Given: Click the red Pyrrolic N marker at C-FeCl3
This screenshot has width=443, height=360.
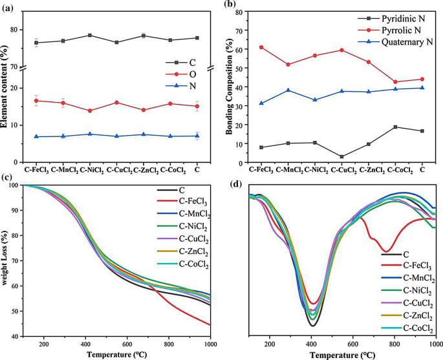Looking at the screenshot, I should (261, 47).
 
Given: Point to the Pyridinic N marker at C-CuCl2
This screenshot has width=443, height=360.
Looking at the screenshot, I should (341, 156).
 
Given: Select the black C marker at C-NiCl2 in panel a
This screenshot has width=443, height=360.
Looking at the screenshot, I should (90, 35).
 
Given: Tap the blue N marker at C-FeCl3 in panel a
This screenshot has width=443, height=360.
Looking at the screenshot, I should (36, 136).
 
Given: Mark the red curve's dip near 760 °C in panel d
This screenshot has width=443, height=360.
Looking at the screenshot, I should (386, 251).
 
